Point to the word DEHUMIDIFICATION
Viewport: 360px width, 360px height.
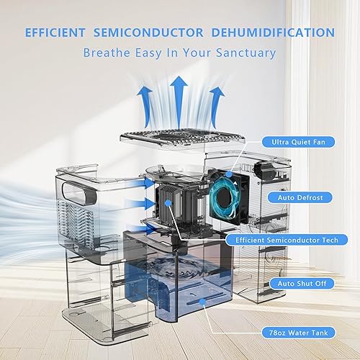275,32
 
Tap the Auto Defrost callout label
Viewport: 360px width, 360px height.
297,196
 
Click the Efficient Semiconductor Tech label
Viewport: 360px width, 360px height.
287,239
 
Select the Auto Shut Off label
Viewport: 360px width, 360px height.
297,283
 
